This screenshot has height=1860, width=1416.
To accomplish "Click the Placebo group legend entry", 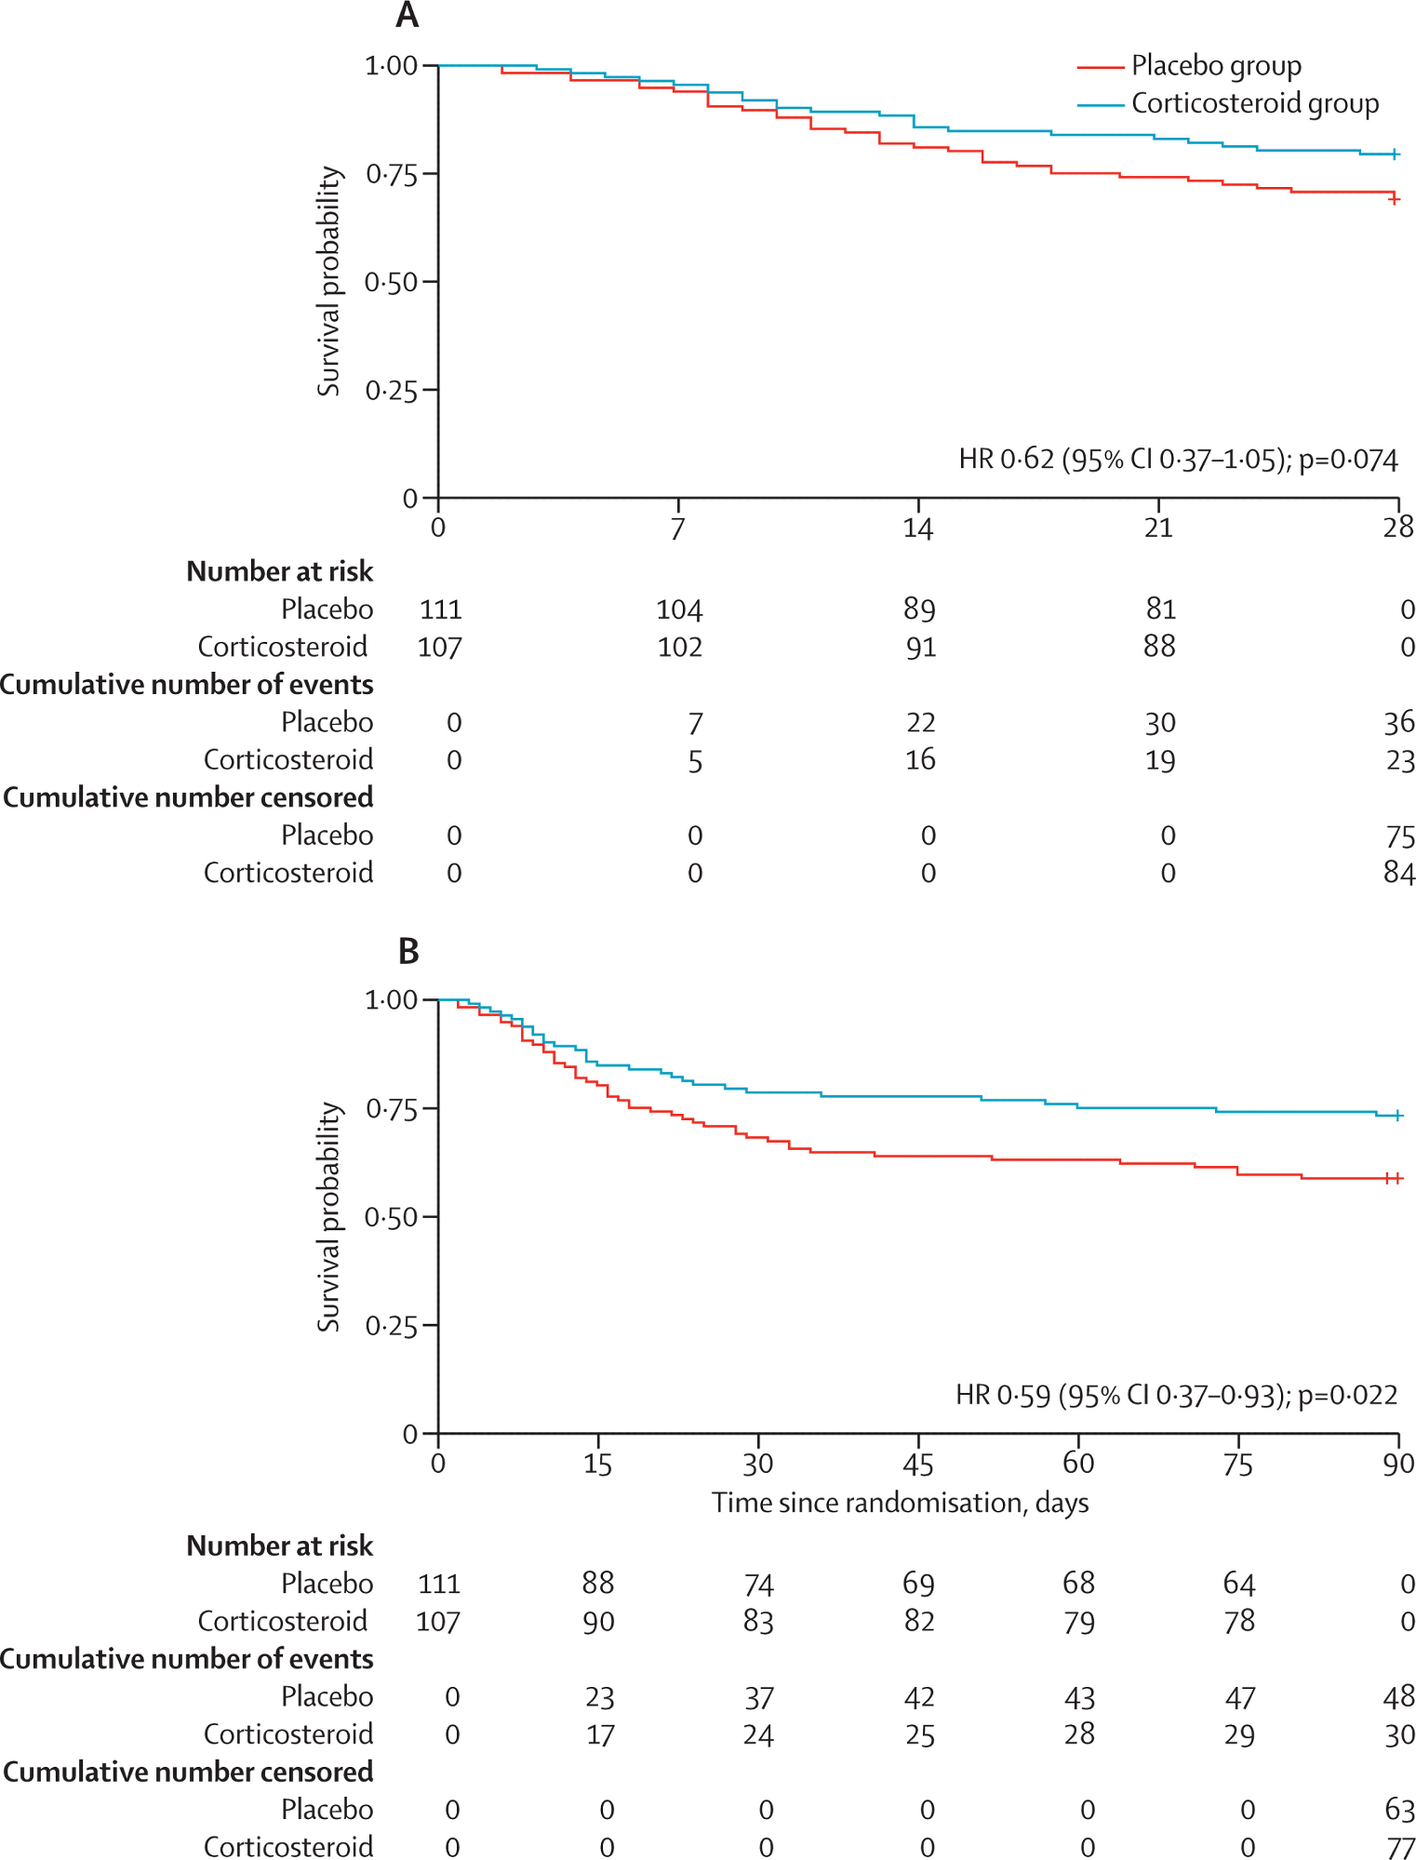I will click(x=1215, y=66).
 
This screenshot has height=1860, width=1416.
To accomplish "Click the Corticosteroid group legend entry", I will click(x=1254, y=103).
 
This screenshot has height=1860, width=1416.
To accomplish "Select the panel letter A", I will click(x=407, y=16).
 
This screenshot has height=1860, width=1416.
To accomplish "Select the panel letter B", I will click(x=407, y=951).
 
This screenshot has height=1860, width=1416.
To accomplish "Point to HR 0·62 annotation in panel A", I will click(x=1178, y=460).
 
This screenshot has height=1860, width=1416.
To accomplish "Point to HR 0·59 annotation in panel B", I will click(x=1176, y=1395).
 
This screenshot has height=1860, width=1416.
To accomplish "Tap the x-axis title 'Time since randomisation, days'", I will click(x=900, y=1503).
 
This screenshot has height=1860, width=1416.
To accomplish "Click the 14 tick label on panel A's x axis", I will click(x=917, y=529).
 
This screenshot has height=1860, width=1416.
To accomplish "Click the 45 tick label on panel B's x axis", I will click(x=917, y=1465).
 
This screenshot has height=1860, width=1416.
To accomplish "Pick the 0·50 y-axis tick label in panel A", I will click(x=390, y=282).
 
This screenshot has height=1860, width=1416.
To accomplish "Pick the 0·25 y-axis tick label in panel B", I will click(x=390, y=1326).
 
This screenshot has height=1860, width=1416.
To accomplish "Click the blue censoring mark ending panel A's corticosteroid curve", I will click(x=1394, y=154).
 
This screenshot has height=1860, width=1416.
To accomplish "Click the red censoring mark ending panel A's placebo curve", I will click(x=1394, y=199).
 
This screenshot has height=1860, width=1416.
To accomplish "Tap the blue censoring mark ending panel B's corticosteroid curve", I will click(x=1398, y=1115).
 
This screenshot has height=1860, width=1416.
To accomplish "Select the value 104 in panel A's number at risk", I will click(x=679, y=609).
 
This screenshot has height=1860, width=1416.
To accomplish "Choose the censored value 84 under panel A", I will click(x=1399, y=873).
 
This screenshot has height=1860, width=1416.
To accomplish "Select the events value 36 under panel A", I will click(x=1399, y=722).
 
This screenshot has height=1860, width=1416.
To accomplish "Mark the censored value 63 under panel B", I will click(x=1399, y=1809).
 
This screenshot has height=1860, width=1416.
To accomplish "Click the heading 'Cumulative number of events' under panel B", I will click(x=187, y=1658).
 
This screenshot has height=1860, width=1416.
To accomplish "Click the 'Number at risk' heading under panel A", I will click(x=279, y=570).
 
